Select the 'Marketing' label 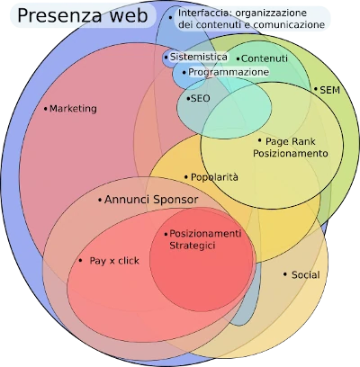(73, 109)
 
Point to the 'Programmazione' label (229, 72)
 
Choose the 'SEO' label (200, 98)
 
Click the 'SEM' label (330, 90)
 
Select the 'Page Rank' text (291, 141)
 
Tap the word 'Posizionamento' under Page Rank (291, 154)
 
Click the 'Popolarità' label (214, 177)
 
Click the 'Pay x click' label (114, 261)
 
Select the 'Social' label (306, 274)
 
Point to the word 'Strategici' (193, 246)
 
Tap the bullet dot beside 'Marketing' (46, 109)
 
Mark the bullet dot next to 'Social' (285, 274)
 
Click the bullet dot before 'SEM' (316, 90)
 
